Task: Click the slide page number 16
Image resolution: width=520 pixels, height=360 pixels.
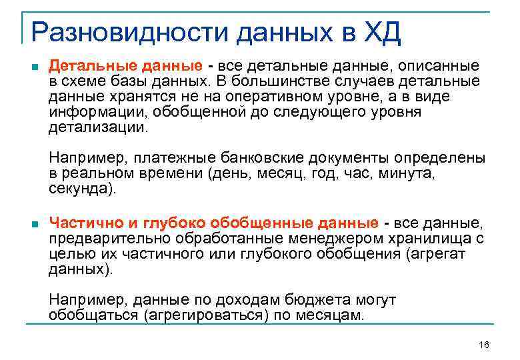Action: pyautogui.click(x=484, y=345)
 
